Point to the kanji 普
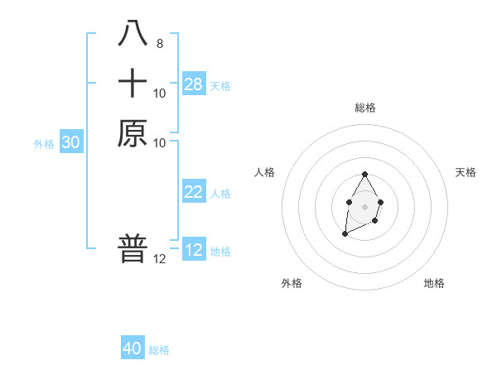pyautogui.click(x=133, y=247)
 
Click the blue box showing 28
pyautogui.click(x=194, y=84)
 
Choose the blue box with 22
pyautogui.click(x=194, y=192)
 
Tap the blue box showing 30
pyautogui.click(x=71, y=142)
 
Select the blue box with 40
pyautogui.click(x=133, y=348)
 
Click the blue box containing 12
pyautogui.click(x=194, y=250)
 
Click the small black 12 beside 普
pyautogui.click(x=159, y=259)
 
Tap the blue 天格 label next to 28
pyautogui.click(x=220, y=86)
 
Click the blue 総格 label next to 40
pyautogui.click(x=159, y=350)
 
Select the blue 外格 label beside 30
pyautogui.click(x=44, y=144)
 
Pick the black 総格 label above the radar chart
pyautogui.click(x=364, y=108)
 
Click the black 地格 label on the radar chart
pyautogui.click(x=434, y=283)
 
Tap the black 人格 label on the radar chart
pyautogui.click(x=265, y=172)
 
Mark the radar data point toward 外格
pyautogui.click(x=345, y=234)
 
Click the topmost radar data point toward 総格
pyautogui.click(x=364, y=175)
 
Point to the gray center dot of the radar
pyautogui.click(x=364, y=205)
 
